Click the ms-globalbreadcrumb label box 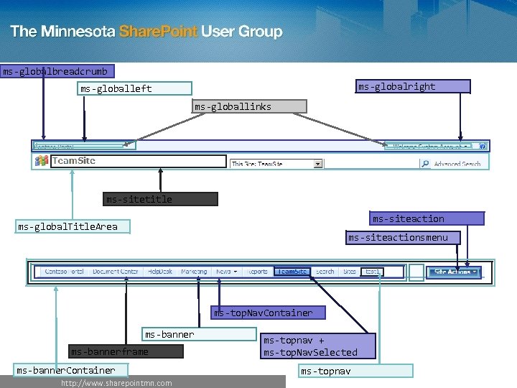[x=55, y=71]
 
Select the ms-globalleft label [x=136, y=88]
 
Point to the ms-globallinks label [x=249, y=106]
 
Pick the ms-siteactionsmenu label [x=402, y=237]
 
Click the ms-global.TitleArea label [x=72, y=227]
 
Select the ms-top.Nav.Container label [x=267, y=313]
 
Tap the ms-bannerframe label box [x=126, y=351]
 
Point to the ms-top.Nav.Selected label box [x=317, y=346]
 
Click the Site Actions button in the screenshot [x=453, y=272]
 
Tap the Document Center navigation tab [x=115, y=272]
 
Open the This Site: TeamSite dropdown [x=276, y=164]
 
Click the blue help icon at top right [x=483, y=146]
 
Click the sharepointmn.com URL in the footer [x=116, y=383]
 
